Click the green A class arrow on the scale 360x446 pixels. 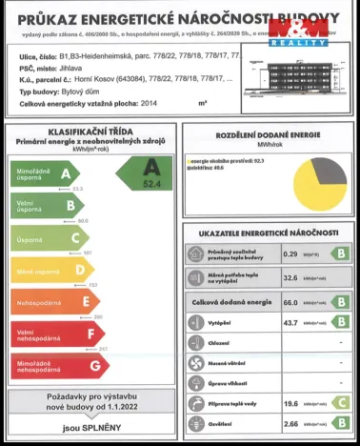click(44, 174)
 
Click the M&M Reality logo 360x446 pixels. click(298, 30)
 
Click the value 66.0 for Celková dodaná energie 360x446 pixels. click(291, 302)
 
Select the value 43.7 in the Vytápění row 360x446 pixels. click(291, 323)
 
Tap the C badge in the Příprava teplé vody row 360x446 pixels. click(338, 404)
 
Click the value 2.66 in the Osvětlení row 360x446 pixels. click(291, 424)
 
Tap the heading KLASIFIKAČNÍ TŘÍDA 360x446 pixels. click(90, 132)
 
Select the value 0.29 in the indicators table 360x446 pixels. click(290, 254)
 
